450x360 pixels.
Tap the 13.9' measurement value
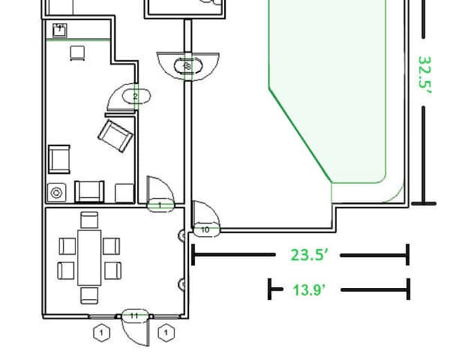(309, 289)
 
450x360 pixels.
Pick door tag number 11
(134, 316)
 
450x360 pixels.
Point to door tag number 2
(136, 96)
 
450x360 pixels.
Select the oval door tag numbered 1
(161, 205)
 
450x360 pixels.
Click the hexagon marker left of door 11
(102, 333)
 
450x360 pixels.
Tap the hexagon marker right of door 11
(166, 333)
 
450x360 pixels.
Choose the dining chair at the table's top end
(89, 220)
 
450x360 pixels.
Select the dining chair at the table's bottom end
(89, 296)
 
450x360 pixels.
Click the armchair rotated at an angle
(115, 135)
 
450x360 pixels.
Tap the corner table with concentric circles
(56, 192)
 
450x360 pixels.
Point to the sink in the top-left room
(60, 29)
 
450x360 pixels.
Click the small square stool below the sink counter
(76, 53)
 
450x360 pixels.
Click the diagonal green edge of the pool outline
(300, 134)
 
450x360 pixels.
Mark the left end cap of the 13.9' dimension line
(271, 289)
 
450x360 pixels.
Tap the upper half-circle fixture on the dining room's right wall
(183, 236)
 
